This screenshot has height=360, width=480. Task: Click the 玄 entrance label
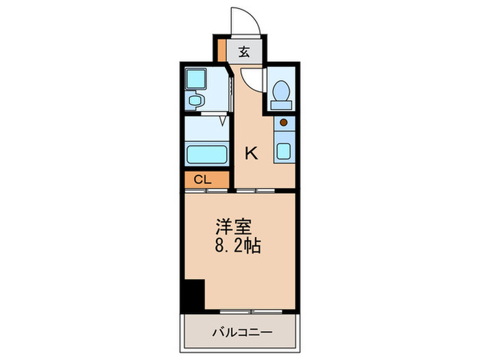[243, 50]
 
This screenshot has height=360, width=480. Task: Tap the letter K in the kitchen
[252, 153]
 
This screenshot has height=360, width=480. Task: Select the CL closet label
[202, 180]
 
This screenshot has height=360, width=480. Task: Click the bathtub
[206, 154]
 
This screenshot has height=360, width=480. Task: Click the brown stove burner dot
[283, 123]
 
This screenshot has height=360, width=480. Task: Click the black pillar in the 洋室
[194, 295]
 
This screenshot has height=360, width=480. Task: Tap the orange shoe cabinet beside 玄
[221, 50]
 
